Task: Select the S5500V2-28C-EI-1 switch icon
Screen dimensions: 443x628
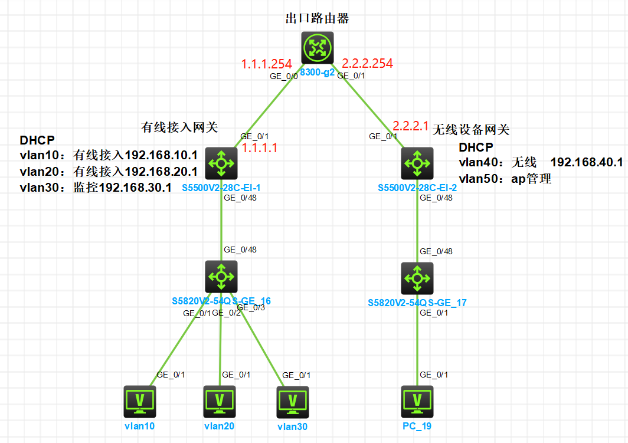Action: [x=221, y=163]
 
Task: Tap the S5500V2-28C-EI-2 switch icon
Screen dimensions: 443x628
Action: [x=417, y=163]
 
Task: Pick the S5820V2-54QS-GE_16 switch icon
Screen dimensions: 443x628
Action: [x=221, y=277]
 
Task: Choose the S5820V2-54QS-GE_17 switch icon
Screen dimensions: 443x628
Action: [x=417, y=278]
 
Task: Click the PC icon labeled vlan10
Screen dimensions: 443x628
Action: [x=140, y=402]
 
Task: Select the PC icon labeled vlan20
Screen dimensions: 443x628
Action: [x=220, y=402]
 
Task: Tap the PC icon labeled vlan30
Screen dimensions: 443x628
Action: [x=292, y=403]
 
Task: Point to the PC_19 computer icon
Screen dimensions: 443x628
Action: [x=417, y=402]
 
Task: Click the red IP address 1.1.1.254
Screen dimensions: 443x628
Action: [x=266, y=64]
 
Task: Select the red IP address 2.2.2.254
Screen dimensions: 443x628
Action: [x=367, y=63]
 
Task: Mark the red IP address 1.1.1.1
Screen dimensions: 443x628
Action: [x=260, y=148]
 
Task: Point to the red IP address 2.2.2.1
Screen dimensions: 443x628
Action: [x=410, y=126]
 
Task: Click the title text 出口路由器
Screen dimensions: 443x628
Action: [x=317, y=19]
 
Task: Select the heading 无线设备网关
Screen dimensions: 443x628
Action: [x=471, y=130]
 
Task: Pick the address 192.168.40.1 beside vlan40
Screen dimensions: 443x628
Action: [x=587, y=162]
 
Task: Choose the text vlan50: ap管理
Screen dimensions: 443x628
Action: [x=505, y=178]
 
